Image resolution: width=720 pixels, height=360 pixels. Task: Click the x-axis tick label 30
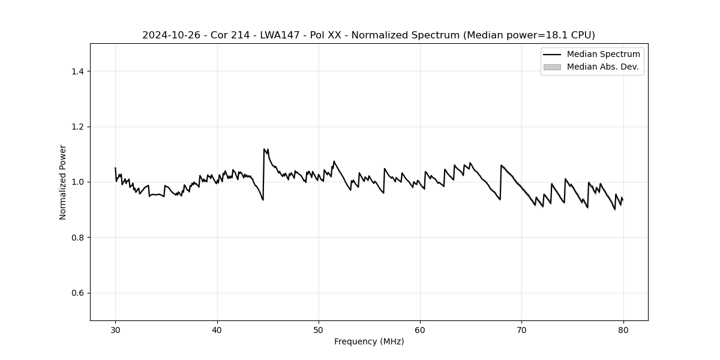click(116, 329)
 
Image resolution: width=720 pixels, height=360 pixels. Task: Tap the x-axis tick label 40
click(217, 329)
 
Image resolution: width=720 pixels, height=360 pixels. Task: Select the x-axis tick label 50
click(319, 329)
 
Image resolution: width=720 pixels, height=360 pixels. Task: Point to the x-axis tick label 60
click(420, 329)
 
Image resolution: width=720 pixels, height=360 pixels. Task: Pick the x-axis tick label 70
click(522, 329)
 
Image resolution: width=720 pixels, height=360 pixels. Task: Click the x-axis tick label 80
click(623, 329)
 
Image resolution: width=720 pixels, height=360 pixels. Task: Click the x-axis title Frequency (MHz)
click(369, 341)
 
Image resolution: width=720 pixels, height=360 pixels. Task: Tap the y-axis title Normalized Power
click(63, 182)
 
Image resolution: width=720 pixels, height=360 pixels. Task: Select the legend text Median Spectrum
click(603, 55)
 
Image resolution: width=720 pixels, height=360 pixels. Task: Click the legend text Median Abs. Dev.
click(602, 67)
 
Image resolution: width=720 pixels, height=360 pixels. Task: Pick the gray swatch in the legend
click(552, 67)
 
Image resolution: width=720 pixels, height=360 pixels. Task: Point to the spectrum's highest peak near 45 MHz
click(264, 149)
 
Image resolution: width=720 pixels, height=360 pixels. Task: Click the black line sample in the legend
click(552, 55)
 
